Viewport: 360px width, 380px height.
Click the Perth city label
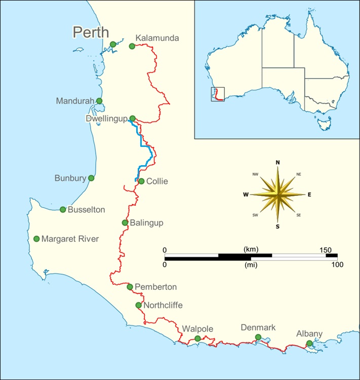(91, 32)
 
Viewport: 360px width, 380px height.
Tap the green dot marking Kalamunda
(132, 46)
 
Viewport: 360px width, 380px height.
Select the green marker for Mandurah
(99, 101)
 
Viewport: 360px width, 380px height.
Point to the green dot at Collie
(141, 181)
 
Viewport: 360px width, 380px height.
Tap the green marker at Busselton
(63, 210)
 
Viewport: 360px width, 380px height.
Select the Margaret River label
(70, 239)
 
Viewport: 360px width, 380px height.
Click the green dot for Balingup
(125, 223)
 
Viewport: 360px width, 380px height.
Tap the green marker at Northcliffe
(139, 305)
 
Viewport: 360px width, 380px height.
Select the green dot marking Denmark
(258, 337)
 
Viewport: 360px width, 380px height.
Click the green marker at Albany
(309, 344)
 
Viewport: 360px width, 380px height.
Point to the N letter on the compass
(277, 162)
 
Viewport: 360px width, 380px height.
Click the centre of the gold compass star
(277, 194)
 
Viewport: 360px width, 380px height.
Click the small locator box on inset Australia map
(218, 94)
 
